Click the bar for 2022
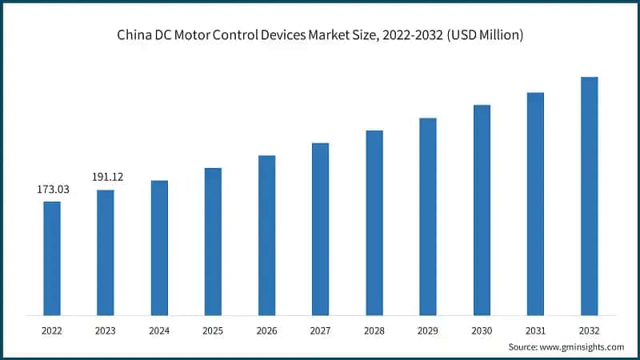point(52,258)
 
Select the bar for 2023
point(106,252)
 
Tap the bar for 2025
point(213,241)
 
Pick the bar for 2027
point(320,229)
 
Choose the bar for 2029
point(428,216)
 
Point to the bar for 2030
point(482,210)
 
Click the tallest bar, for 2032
point(589,195)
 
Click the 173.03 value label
point(52,190)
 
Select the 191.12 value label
point(106,178)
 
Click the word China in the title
point(133,37)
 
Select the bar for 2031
point(535,203)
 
